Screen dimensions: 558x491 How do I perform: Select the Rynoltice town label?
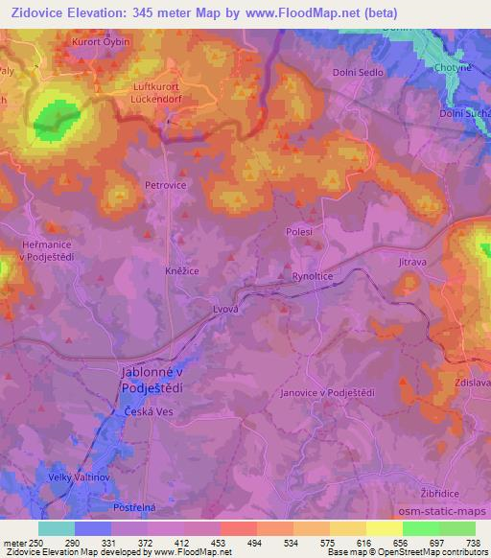[313, 276]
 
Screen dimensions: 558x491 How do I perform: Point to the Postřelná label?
[134, 503]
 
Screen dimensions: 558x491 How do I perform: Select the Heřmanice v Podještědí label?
[36, 251]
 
